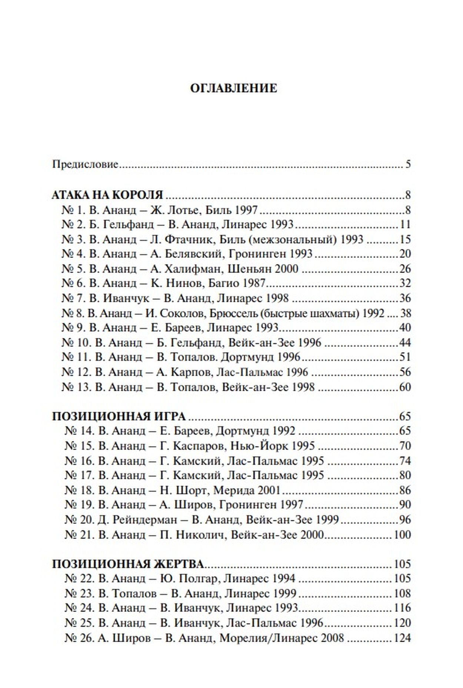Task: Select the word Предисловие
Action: pos(85,164)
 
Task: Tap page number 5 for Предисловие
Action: pos(408,164)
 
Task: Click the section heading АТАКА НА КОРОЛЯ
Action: pos(107,195)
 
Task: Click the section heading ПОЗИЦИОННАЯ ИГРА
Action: pos(119,416)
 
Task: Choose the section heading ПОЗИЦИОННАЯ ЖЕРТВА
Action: pos(128,564)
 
